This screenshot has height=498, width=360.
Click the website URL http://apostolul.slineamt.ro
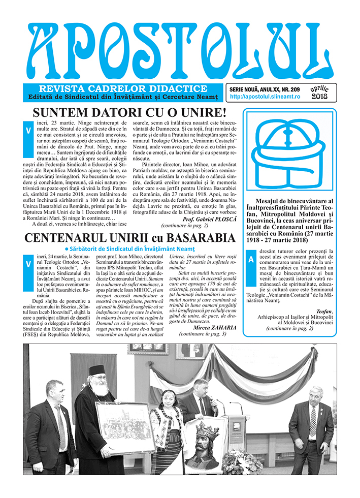tap(265, 96)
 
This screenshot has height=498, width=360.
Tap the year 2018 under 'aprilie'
tap(319, 96)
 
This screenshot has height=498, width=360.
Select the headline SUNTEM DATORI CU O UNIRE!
tap(129, 113)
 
